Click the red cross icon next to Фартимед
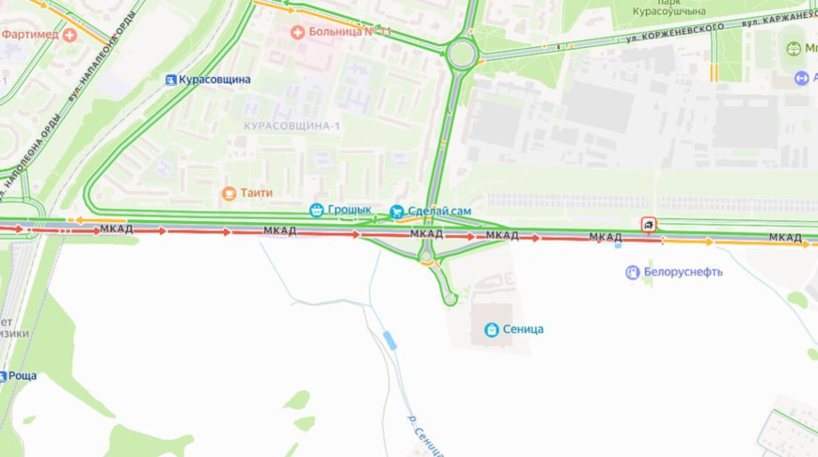pos(70,35)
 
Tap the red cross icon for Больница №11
pos(298,32)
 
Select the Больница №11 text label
pos(350,32)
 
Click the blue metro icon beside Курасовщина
pos(170,80)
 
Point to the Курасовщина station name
pos(215,80)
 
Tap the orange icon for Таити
pos(228,194)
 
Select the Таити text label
pos(256,193)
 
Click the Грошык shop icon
pos(317,211)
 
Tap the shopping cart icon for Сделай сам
pos(397,211)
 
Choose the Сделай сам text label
pos(440,211)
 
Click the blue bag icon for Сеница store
pos(491,330)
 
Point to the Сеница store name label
pos(522,330)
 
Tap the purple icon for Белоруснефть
pos(633,273)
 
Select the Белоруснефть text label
pos(683,273)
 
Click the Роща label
pos(22,376)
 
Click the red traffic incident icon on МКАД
pos(650,225)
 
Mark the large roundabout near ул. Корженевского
pos(461,53)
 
